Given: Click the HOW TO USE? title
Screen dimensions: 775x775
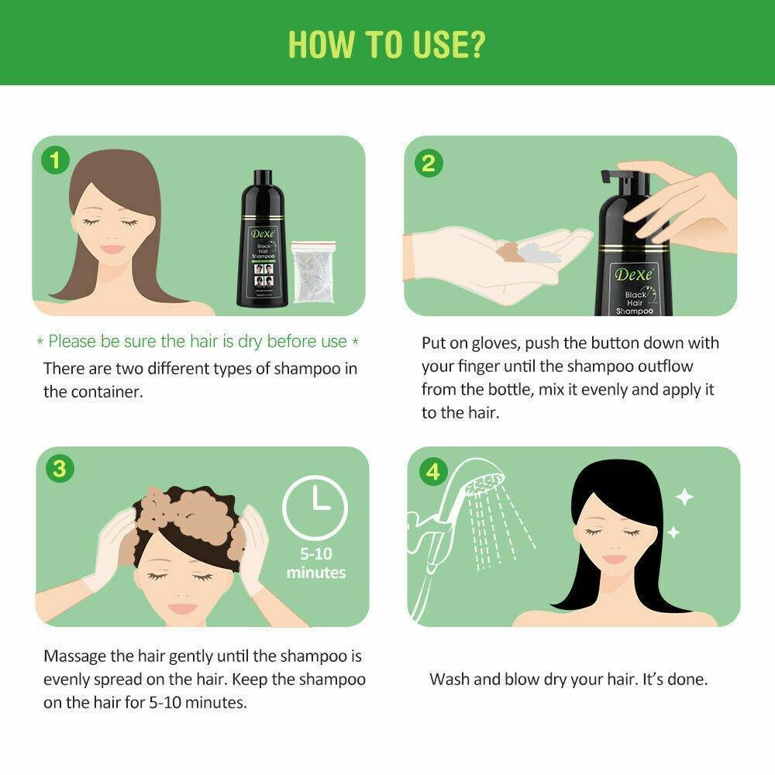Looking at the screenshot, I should pos(387,44).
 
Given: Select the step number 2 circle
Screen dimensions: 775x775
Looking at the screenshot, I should pos(429,162).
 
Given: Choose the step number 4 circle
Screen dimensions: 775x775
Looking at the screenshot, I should pos(432,470).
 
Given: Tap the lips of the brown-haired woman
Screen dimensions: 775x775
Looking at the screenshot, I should pos(114,249).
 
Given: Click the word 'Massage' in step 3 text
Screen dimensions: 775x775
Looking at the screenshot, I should pos(76,656).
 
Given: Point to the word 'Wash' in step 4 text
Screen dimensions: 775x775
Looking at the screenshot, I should pos(448,680).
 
